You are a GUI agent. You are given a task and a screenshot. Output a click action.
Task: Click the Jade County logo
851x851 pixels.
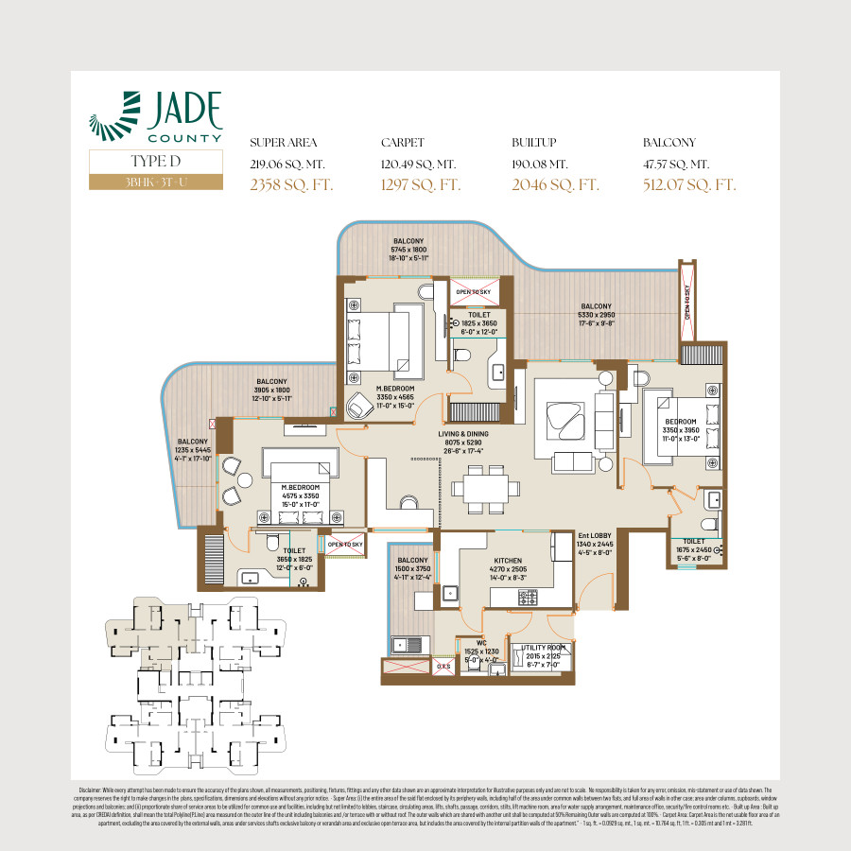pos(156,117)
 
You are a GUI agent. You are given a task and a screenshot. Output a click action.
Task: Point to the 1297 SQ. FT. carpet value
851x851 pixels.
pos(421,184)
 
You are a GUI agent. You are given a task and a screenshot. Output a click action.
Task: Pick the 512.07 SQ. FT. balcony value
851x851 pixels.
pos(688,184)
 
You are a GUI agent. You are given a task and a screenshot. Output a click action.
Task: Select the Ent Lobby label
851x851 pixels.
pos(595,543)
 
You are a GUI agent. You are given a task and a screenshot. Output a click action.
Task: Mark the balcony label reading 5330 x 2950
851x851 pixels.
pos(596,314)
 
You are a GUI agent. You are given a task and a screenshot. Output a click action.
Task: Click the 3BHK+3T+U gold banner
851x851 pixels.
pos(156,181)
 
